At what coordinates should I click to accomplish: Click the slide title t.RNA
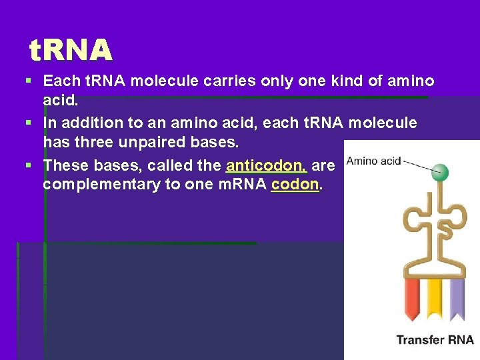coord(71,49)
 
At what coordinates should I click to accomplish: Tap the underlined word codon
coord(295,185)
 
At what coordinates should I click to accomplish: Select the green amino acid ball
coord(440,173)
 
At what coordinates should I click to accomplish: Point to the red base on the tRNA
coord(411,298)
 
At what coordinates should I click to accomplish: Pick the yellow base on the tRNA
coord(434,298)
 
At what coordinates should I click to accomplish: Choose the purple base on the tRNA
coord(457,298)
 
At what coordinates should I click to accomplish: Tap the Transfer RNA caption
coord(435,340)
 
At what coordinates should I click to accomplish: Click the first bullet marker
coord(28,81)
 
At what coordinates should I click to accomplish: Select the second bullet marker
coord(28,123)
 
